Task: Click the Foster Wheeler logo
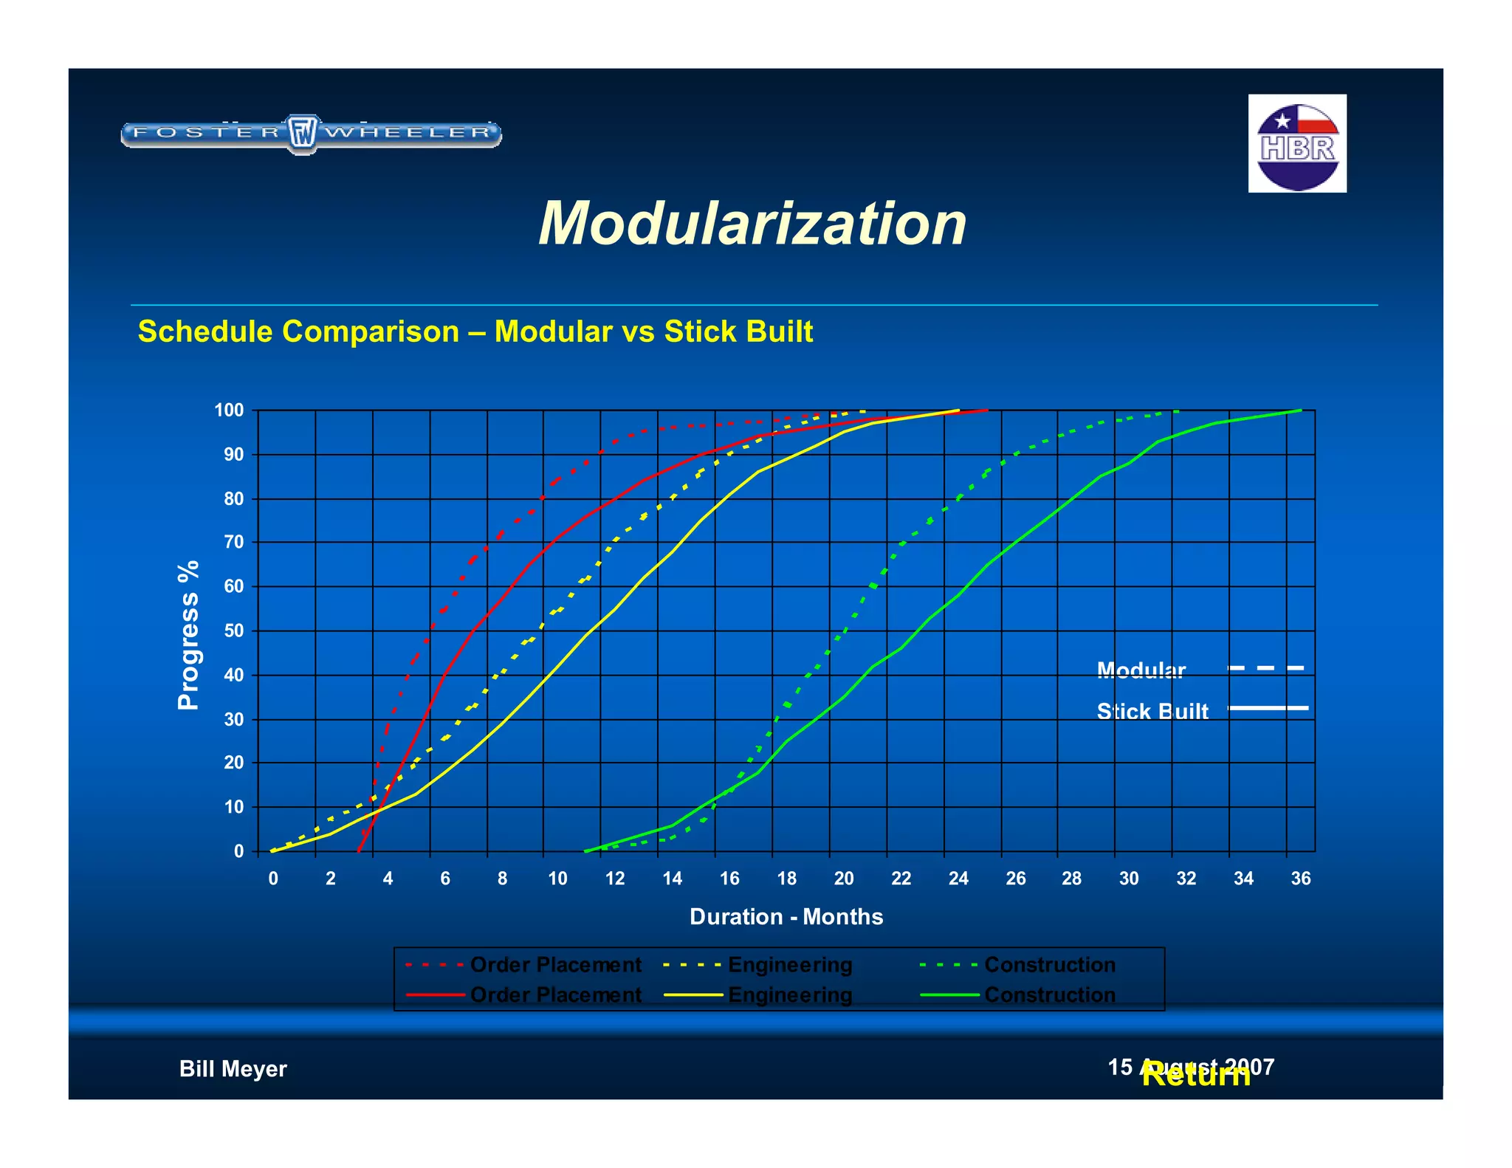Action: [311, 134]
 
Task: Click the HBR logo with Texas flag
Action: [1296, 143]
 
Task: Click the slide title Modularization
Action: [752, 224]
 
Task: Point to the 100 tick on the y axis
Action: [229, 410]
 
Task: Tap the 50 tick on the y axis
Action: [233, 631]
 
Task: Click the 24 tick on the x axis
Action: [958, 879]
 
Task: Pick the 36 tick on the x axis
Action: [1300, 879]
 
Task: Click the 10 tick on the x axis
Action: [557, 879]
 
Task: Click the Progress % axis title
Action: [188, 635]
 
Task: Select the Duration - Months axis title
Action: [786, 917]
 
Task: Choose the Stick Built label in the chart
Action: [1152, 711]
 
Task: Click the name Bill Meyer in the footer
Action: [233, 1069]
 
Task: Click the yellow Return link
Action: [1195, 1076]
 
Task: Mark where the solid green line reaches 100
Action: [1299, 410]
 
